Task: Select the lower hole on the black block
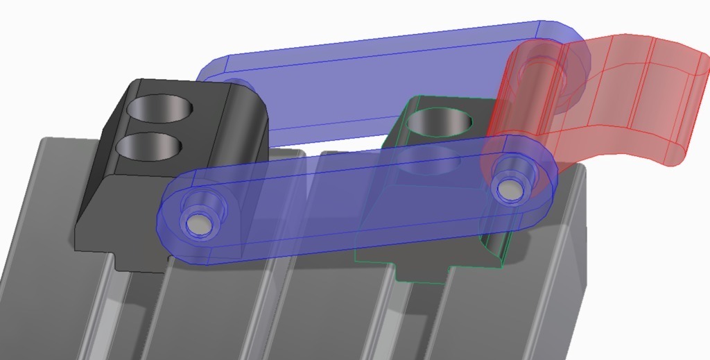coord(148,146)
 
